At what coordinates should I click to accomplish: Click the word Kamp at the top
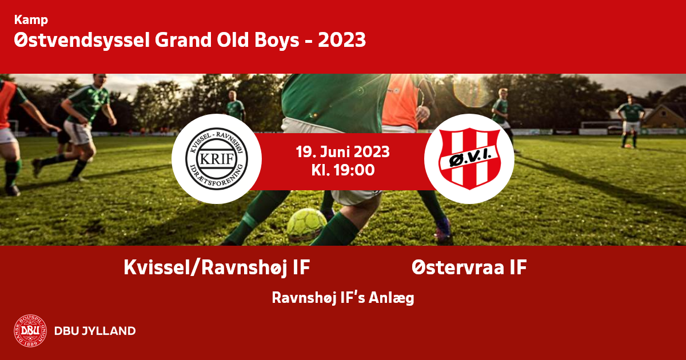31,20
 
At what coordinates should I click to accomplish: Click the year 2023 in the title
342,40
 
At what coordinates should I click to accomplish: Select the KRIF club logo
217,159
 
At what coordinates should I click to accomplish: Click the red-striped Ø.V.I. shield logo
469,159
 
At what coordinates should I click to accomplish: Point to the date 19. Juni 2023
342,152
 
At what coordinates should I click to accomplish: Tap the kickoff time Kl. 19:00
343,170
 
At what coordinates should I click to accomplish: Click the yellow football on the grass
306,225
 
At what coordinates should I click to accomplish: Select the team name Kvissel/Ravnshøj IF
217,267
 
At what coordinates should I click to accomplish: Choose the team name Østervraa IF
469,267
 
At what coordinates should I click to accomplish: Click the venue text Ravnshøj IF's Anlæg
343,298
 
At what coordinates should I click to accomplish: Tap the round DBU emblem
30,331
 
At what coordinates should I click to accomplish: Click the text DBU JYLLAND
95,331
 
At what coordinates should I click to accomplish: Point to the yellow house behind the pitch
664,117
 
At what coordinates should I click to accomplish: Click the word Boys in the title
277,40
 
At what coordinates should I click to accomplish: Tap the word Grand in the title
183,40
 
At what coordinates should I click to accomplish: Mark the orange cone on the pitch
628,146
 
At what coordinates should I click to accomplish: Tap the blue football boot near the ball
442,228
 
